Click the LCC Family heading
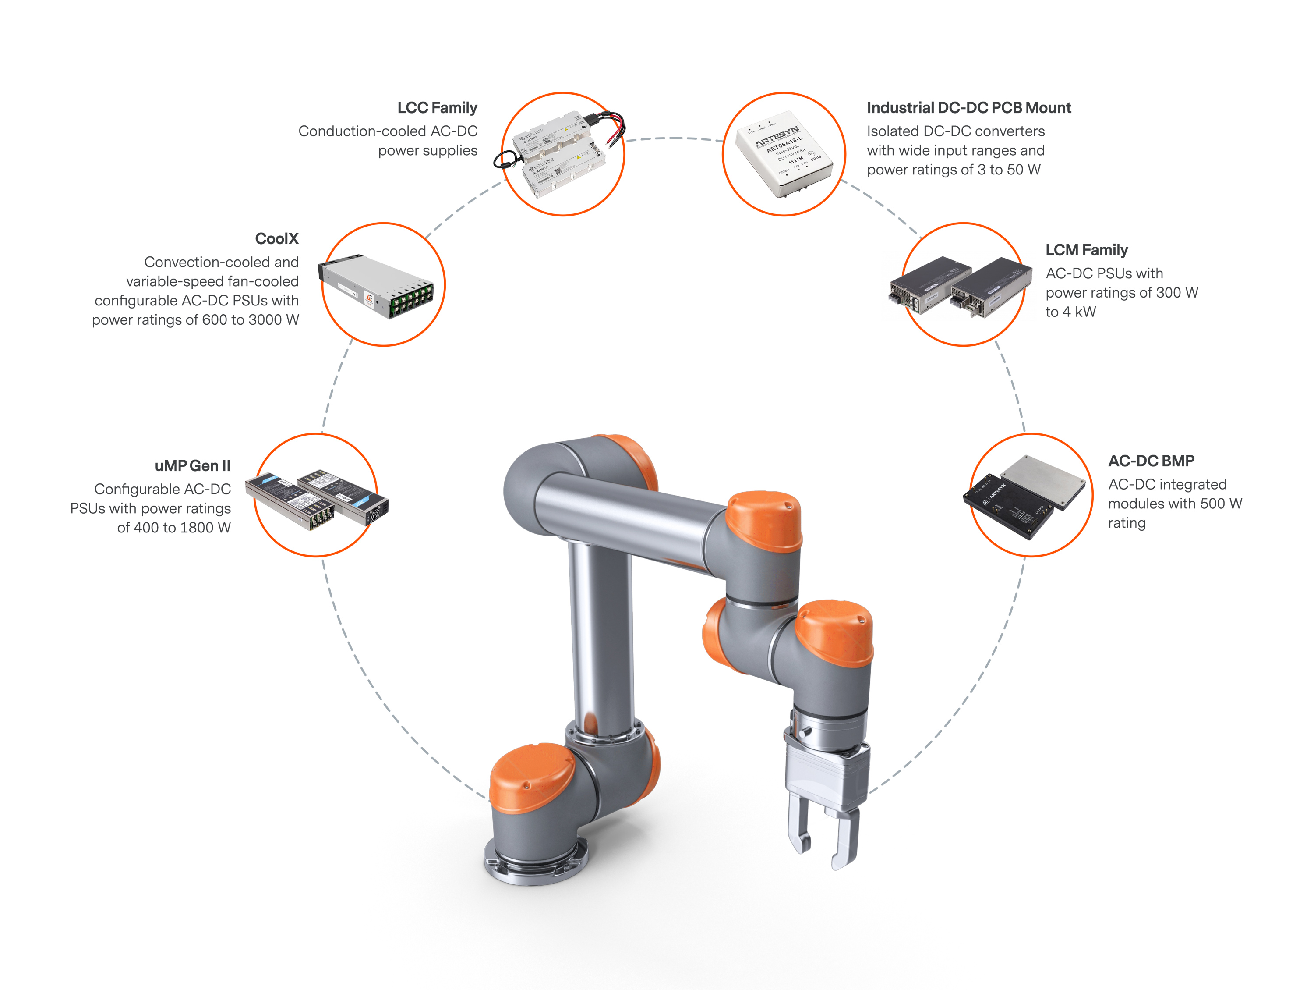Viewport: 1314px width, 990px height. (x=437, y=107)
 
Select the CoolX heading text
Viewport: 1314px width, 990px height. (x=276, y=238)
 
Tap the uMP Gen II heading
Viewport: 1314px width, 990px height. (x=192, y=465)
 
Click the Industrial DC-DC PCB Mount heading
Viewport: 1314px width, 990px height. (x=968, y=107)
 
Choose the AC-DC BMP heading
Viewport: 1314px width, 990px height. (x=1151, y=461)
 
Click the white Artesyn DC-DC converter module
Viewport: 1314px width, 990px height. (x=784, y=153)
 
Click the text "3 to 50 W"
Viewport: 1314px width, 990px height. (x=1008, y=170)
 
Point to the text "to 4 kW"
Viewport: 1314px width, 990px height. (x=1070, y=312)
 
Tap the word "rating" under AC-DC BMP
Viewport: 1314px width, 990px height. (x=1126, y=523)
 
